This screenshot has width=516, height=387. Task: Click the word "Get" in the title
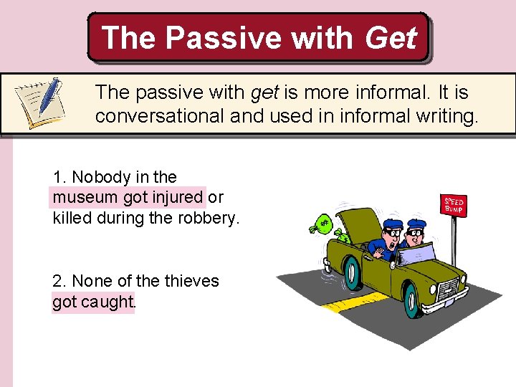coord(390,37)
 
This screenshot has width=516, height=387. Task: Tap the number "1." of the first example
coord(60,177)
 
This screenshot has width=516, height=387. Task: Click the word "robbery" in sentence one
coord(211,218)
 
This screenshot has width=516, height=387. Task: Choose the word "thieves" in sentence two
coord(191,281)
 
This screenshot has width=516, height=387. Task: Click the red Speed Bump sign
coord(453,206)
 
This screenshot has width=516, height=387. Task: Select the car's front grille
coord(448,289)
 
